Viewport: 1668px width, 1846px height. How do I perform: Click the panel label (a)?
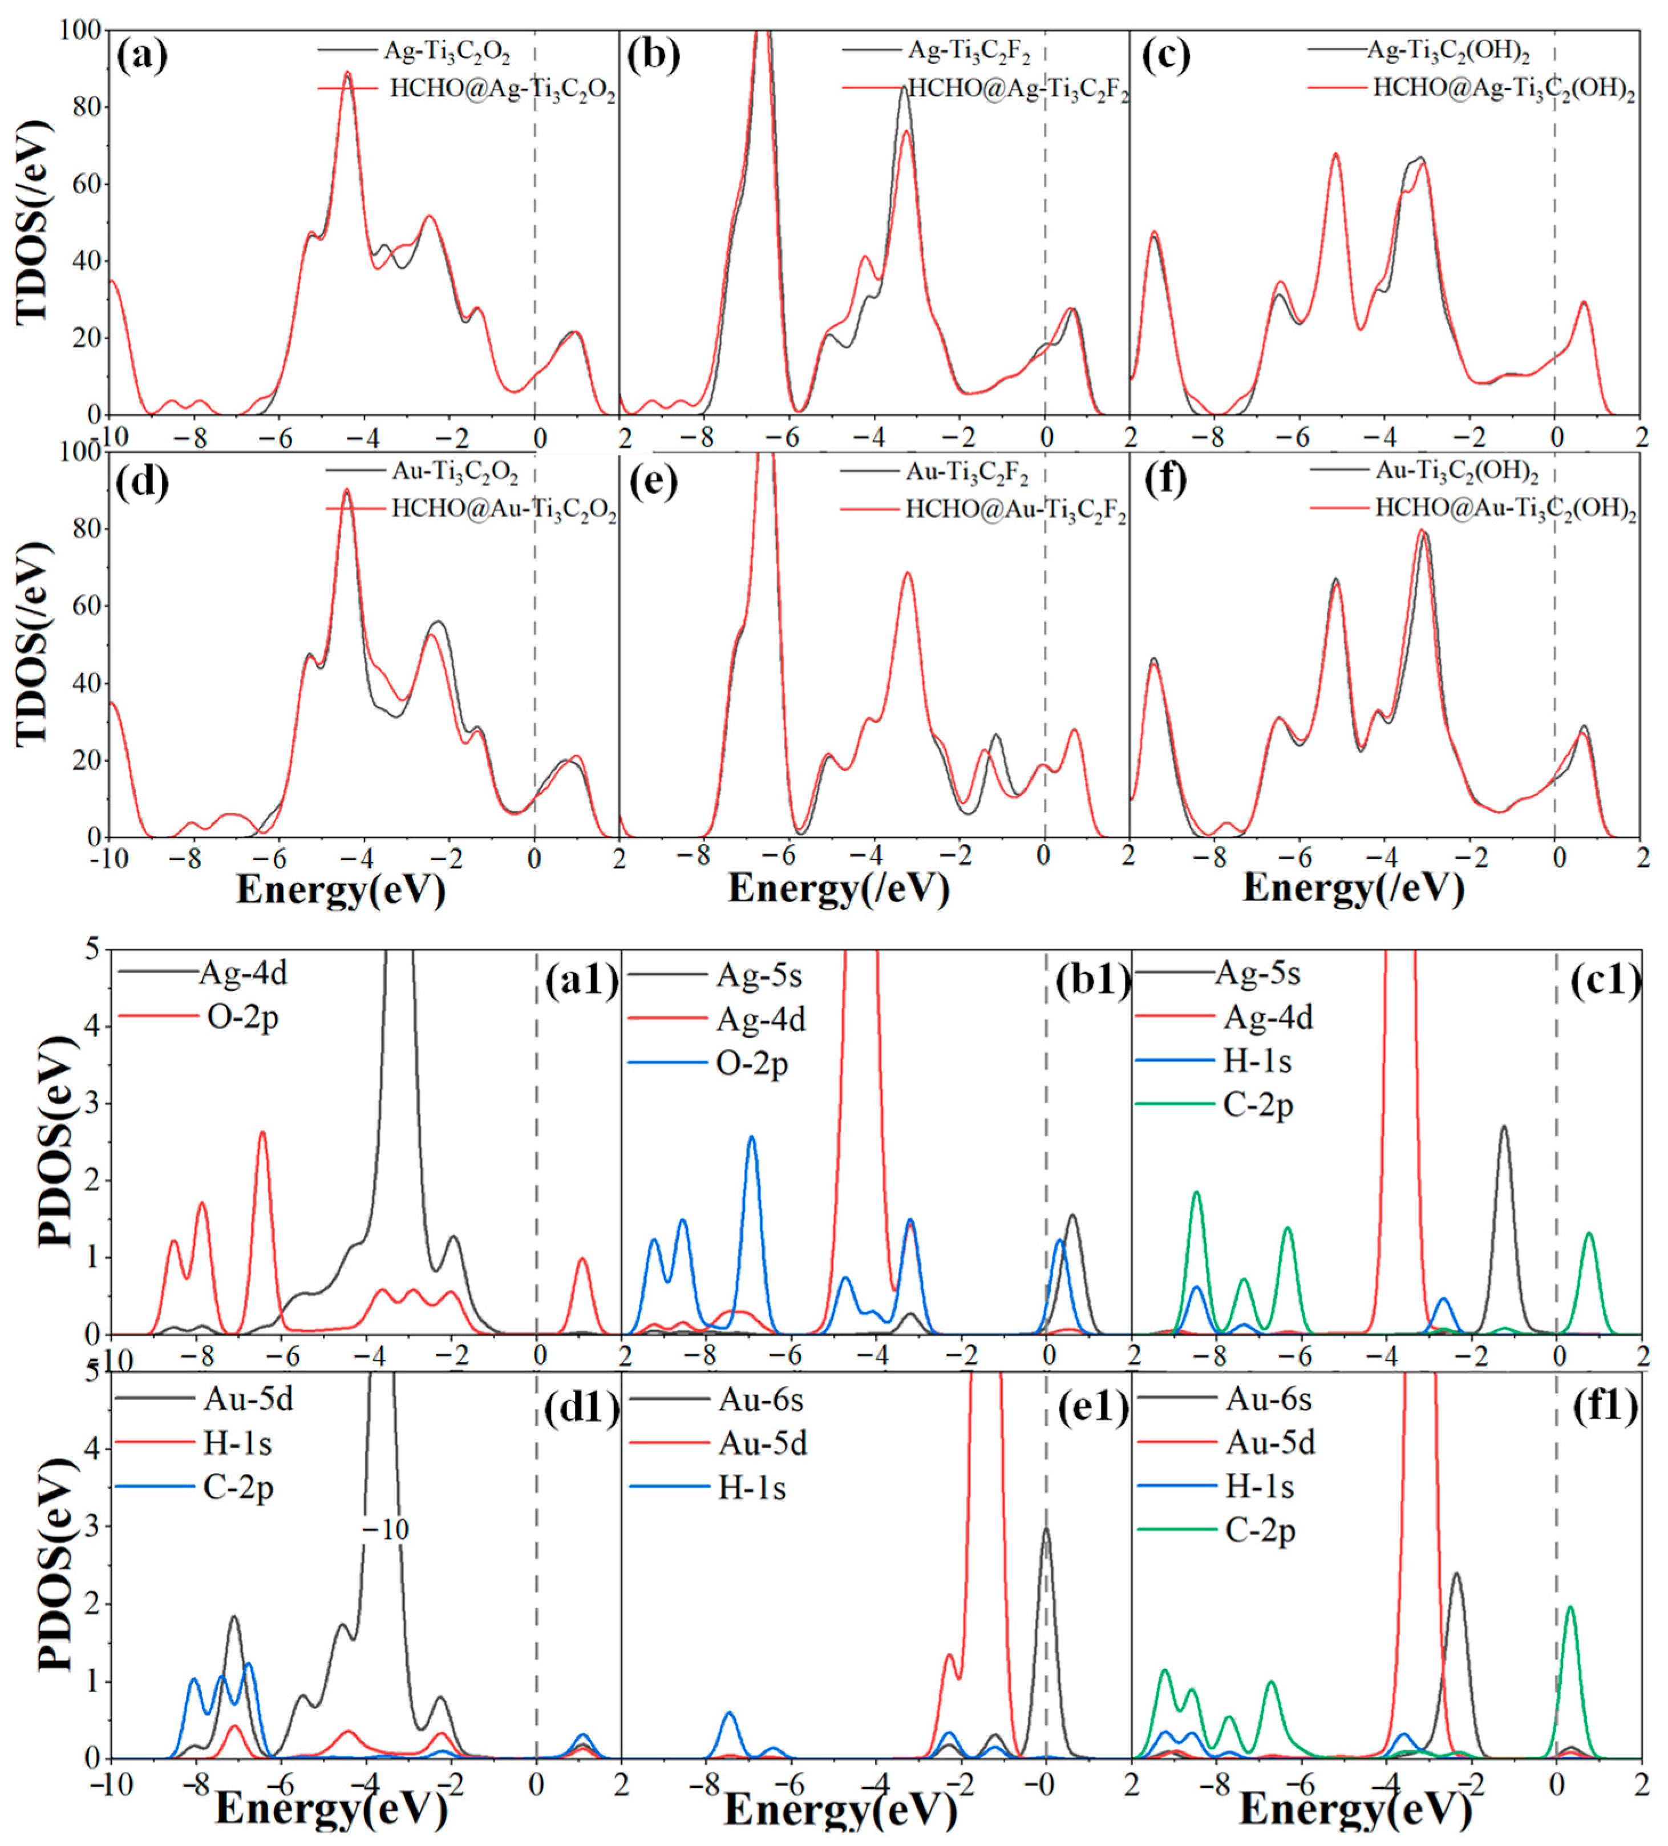[x=142, y=56]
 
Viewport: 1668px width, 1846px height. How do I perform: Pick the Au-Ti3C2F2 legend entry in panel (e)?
[x=967, y=474]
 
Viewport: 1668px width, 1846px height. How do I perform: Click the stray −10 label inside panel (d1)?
[x=384, y=1529]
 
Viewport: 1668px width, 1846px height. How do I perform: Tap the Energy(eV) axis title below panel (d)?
[x=341, y=889]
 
